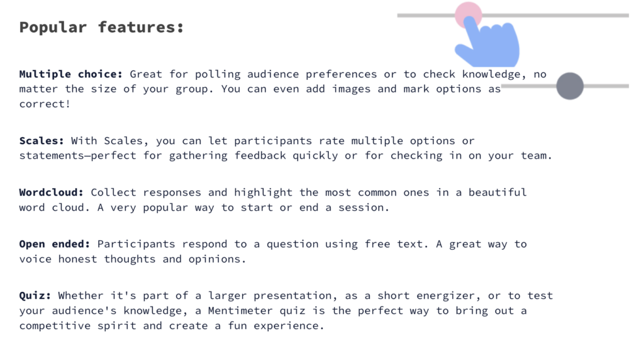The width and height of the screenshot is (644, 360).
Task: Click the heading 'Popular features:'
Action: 101,28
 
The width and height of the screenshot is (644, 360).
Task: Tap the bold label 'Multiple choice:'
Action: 70,74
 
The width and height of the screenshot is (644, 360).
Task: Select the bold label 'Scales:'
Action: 42,140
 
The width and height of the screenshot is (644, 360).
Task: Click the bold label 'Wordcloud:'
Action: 52,193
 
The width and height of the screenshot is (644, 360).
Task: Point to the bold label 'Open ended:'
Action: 55,244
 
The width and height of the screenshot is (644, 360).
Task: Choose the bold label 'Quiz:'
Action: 35,296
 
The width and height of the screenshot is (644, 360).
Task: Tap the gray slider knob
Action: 570,86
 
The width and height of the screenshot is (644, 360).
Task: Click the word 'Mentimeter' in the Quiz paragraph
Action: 240,311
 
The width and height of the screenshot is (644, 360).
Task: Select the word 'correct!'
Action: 45,104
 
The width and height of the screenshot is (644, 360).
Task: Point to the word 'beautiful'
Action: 497,193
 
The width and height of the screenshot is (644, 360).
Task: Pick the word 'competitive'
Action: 55,326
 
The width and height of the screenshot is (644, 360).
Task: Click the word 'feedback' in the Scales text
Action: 260,155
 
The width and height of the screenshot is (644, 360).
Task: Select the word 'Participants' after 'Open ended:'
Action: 136,244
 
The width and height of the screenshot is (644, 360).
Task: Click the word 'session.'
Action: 364,208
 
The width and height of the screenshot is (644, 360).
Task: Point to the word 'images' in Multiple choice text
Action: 351,89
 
